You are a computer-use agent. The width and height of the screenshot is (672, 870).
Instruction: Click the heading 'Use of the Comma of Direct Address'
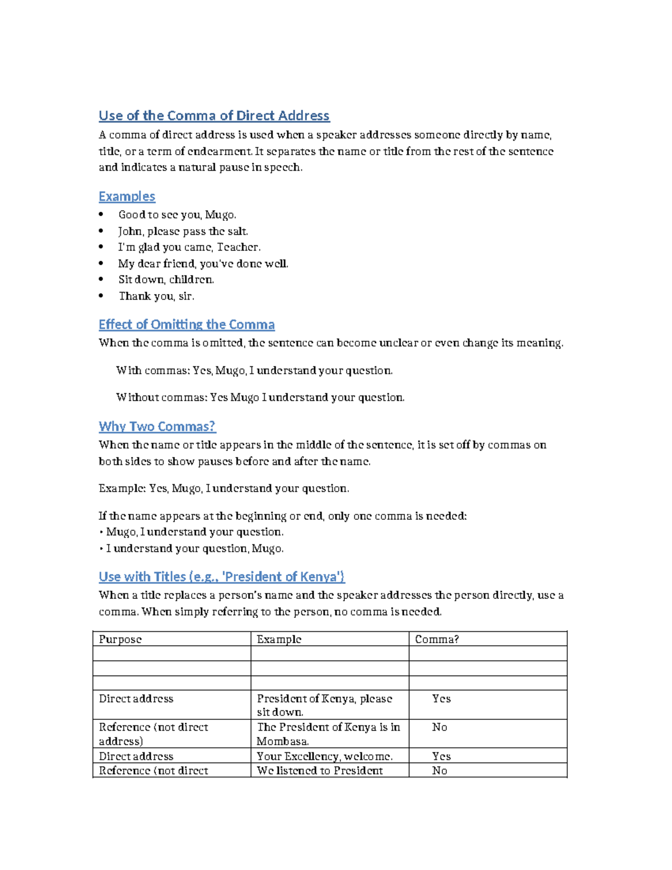tap(214, 116)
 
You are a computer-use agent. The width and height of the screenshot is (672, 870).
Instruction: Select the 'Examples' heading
tap(127, 197)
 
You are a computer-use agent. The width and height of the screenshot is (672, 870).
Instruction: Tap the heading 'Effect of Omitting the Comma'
tap(186, 325)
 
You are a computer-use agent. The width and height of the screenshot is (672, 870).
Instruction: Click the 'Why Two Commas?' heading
tap(157, 427)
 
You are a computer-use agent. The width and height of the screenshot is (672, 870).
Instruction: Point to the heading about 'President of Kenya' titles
tap(222, 577)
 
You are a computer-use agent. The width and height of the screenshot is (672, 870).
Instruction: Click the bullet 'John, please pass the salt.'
tap(183, 231)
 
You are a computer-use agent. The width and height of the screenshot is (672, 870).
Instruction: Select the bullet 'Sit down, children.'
tap(166, 280)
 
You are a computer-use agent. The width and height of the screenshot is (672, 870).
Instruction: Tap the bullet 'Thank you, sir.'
tap(156, 296)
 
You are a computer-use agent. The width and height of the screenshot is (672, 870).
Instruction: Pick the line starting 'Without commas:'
tap(260, 398)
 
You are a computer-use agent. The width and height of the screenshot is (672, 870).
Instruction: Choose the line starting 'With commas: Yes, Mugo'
tap(254, 371)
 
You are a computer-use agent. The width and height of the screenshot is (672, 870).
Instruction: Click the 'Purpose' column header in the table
tap(120, 640)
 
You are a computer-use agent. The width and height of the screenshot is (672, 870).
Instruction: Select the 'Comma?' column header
tap(437, 640)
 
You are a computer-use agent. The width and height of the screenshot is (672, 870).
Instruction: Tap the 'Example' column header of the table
tap(279, 640)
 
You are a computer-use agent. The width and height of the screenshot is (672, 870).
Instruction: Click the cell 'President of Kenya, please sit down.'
tap(324, 705)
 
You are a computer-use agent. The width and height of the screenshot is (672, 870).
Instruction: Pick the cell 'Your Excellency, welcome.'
tap(324, 756)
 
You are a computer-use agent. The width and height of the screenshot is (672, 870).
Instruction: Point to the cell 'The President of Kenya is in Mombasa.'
tap(328, 734)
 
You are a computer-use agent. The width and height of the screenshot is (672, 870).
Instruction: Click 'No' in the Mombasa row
tap(440, 727)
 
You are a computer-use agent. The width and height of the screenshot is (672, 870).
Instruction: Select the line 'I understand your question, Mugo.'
tap(194, 549)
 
